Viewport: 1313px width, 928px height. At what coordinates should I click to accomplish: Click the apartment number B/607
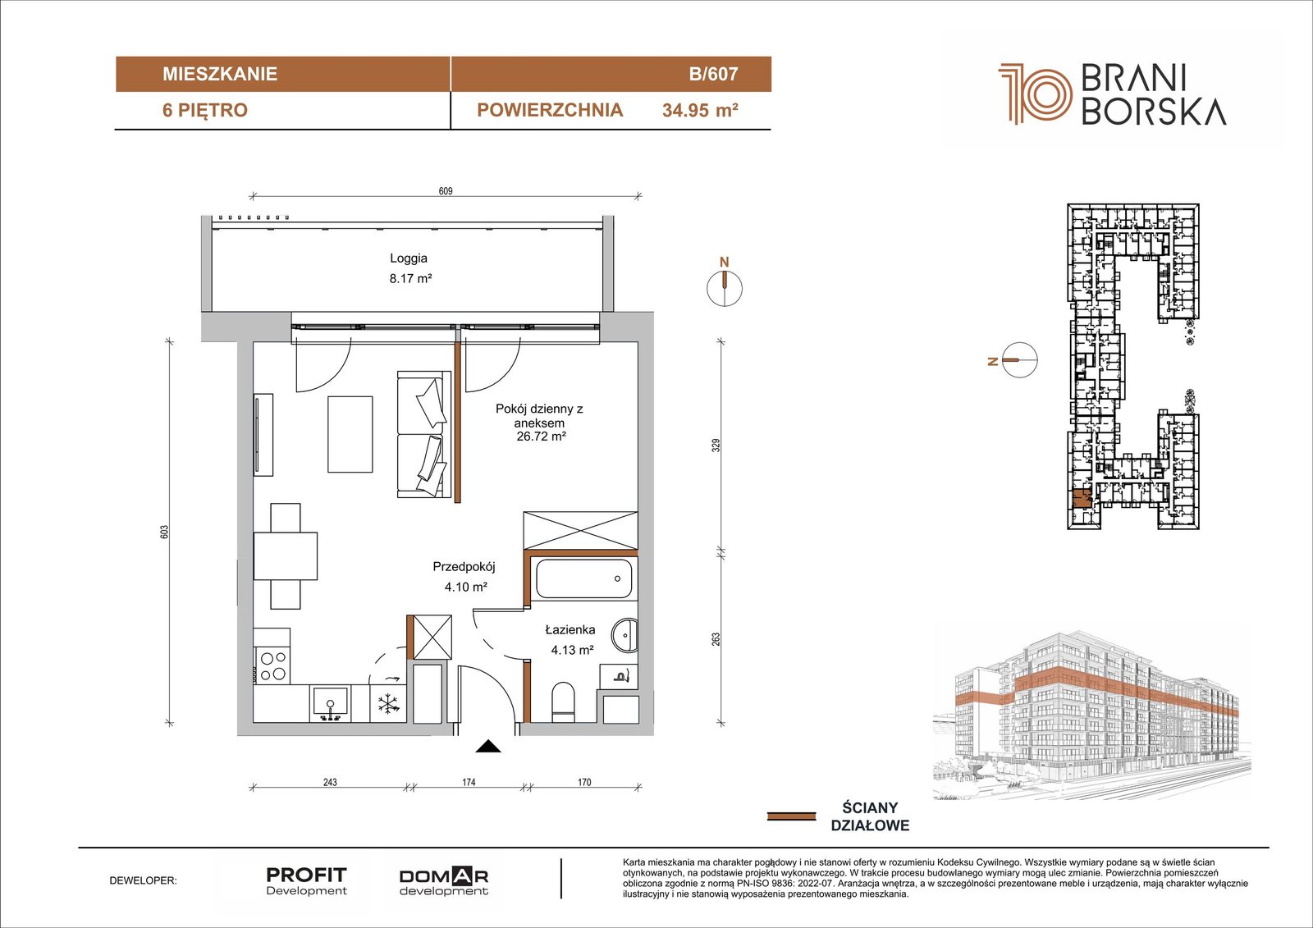point(713,74)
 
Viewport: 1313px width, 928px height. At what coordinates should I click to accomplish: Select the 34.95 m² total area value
point(700,110)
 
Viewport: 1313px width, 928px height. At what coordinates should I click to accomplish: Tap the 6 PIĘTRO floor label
point(205,110)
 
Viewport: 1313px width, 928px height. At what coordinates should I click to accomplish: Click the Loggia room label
point(409,258)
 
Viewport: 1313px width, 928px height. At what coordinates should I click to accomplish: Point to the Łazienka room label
point(570,629)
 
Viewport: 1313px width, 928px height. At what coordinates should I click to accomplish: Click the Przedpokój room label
point(464,567)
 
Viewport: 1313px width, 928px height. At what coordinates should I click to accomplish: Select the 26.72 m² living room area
point(541,437)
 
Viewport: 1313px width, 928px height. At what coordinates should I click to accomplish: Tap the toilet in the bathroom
point(564,702)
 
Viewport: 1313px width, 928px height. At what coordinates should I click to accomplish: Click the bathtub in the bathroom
point(583,578)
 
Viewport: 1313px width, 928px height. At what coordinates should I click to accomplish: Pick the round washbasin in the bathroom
point(625,634)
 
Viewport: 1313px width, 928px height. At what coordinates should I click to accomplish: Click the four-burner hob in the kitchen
point(272,666)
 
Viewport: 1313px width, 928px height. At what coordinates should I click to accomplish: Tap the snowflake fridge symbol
point(387,704)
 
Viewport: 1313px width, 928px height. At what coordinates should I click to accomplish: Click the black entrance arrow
point(487,747)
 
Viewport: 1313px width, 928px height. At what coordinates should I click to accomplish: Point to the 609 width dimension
point(446,191)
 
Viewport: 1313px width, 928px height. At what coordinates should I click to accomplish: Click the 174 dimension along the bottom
point(469,782)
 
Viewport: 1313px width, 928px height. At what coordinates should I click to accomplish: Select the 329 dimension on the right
point(716,445)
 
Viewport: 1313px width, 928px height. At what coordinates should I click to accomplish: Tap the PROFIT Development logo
point(307,881)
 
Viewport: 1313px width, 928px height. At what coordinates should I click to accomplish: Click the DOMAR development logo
point(444,882)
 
